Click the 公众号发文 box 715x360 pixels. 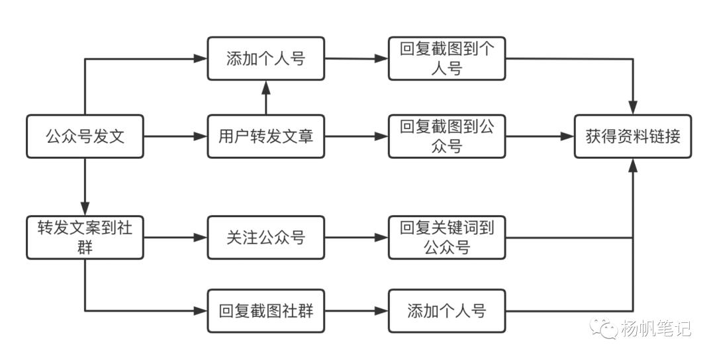click(85, 137)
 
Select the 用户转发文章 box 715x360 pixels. click(265, 137)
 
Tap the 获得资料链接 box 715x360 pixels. click(632, 137)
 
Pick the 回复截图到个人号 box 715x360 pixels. click(447, 59)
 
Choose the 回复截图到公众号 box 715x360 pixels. click(447, 137)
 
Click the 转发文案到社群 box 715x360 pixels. click(85, 237)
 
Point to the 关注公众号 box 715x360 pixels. click(265, 237)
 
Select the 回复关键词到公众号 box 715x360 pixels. click(447, 237)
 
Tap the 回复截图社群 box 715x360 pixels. click(265, 310)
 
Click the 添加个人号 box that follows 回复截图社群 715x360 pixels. click(447, 310)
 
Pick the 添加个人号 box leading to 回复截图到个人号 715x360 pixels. click(265, 59)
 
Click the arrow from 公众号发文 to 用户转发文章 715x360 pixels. click(175, 137)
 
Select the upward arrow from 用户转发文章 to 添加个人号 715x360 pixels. click(265, 98)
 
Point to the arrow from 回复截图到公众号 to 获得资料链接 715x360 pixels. click(540, 137)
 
